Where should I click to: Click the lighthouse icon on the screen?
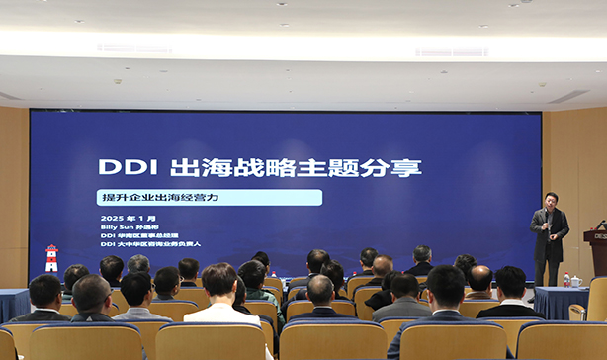51,258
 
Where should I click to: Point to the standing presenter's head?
551,199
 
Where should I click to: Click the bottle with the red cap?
566,280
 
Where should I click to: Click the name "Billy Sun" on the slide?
117,225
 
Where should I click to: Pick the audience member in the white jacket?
220,297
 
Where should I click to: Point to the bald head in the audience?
480,280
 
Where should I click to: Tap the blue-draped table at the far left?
13,304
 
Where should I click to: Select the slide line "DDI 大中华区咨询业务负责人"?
150,243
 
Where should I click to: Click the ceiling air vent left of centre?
133,48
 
